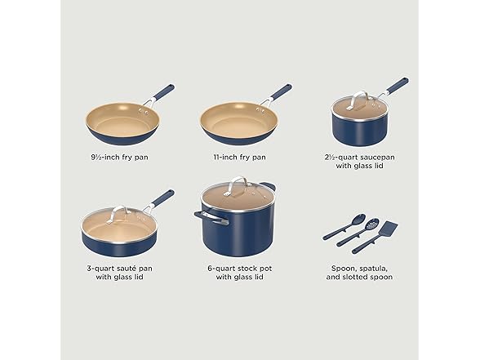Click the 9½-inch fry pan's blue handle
[x=164, y=92]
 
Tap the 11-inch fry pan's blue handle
[x=281, y=91]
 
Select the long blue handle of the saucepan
[x=398, y=86]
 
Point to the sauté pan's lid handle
[x=117, y=213]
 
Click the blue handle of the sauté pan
[x=164, y=198]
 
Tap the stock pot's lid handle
[x=237, y=185]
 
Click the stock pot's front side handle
[x=211, y=217]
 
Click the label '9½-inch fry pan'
[x=120, y=158]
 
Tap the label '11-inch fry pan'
[x=240, y=158]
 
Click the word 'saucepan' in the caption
[x=377, y=158]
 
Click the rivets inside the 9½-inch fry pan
[x=144, y=111]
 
